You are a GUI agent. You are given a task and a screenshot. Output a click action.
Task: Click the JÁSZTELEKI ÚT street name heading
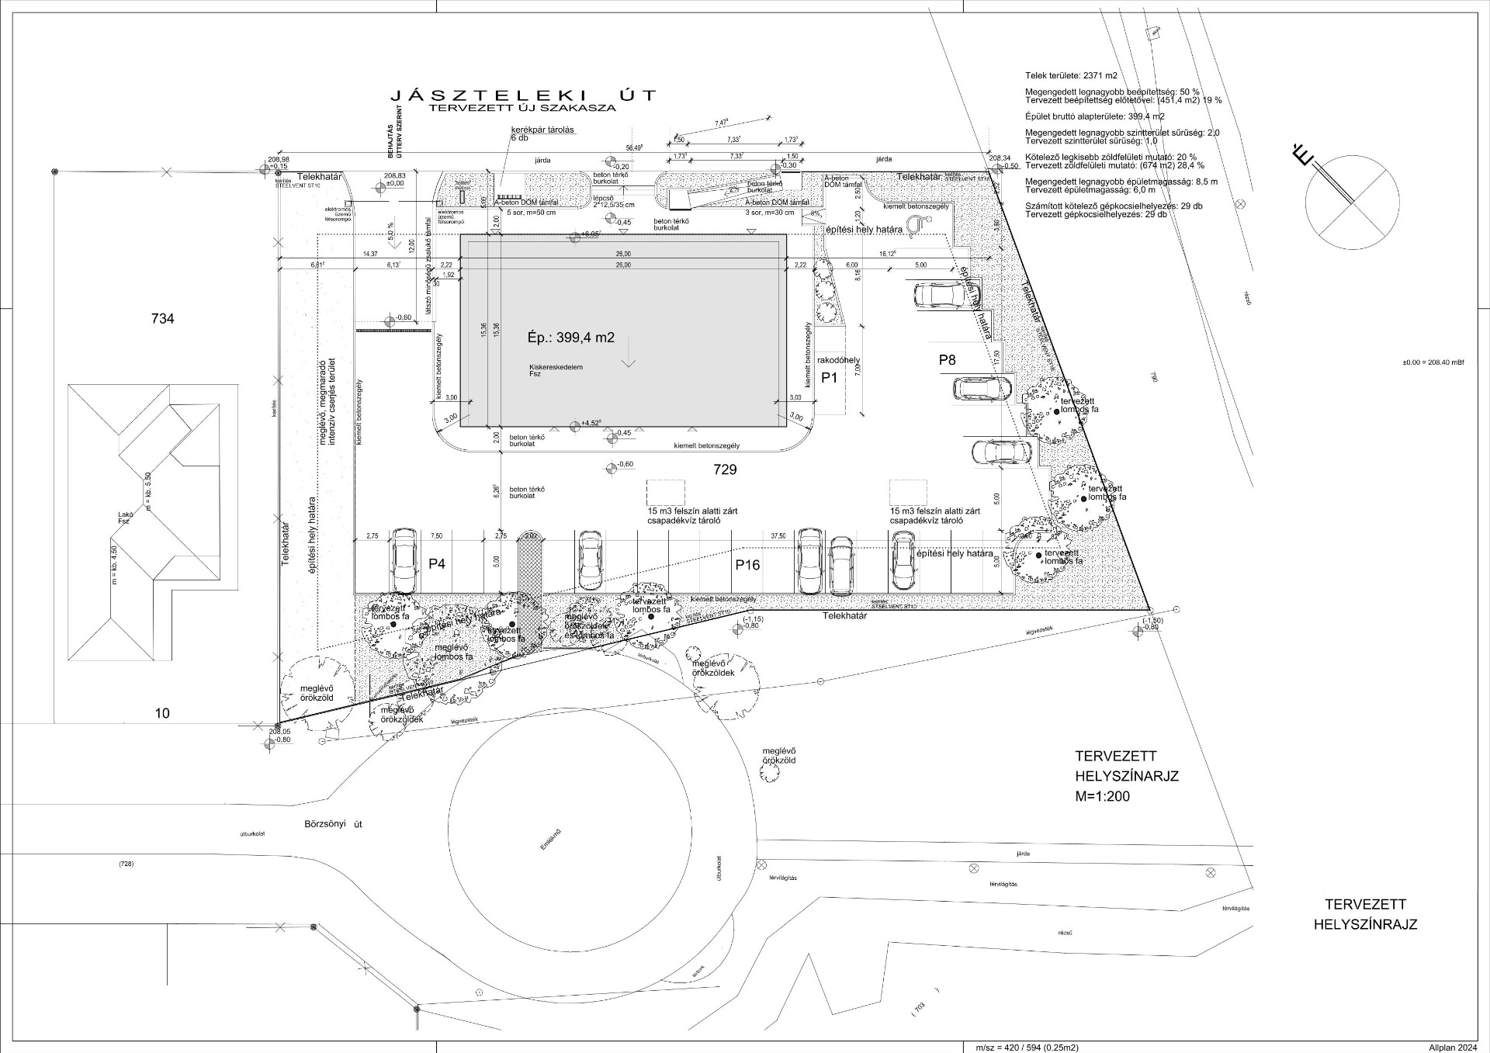(x=523, y=95)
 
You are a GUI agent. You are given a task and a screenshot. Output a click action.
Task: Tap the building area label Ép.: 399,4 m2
(x=570, y=338)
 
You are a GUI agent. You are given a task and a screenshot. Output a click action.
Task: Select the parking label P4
(x=437, y=564)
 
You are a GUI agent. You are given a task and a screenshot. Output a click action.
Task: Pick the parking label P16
(x=747, y=565)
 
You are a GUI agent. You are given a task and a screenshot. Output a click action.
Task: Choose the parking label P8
(x=947, y=359)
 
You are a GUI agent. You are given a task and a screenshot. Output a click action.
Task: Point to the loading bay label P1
(x=830, y=378)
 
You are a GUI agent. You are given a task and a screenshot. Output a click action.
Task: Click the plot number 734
(x=163, y=318)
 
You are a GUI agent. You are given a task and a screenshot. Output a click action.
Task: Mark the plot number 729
(x=725, y=469)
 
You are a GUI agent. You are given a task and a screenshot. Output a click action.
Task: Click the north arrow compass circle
(x=1352, y=202)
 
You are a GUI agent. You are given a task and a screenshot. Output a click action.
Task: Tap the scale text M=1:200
(x=1102, y=796)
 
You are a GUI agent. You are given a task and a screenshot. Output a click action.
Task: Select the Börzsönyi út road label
(x=334, y=824)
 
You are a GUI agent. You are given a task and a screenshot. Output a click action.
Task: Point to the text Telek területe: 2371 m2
(x=1071, y=76)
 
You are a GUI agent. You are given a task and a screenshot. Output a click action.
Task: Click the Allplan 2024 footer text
(x=1452, y=1048)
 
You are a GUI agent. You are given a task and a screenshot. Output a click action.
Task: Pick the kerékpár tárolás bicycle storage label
(x=542, y=130)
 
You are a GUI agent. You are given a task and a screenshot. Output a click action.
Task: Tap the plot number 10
(x=162, y=713)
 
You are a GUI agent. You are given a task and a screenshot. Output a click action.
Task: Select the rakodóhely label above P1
(x=839, y=360)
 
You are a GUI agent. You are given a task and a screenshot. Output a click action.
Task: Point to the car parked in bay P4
(x=404, y=560)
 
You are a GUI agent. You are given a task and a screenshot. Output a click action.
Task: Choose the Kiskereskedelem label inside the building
(x=556, y=367)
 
